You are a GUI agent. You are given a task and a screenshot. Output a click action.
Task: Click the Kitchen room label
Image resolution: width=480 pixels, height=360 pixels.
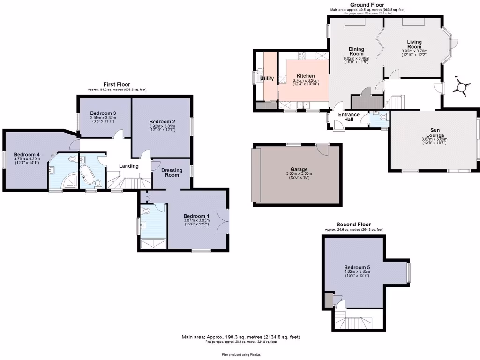tap(305, 76)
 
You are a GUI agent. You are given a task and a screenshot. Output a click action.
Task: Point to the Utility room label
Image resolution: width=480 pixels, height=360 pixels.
tap(267, 78)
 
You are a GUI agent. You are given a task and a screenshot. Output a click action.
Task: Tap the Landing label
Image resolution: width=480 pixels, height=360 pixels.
tap(128, 166)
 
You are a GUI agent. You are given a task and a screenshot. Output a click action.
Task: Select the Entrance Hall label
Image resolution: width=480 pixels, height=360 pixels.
tap(349, 117)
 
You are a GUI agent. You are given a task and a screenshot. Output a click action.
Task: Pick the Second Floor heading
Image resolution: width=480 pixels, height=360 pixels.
tap(354, 225)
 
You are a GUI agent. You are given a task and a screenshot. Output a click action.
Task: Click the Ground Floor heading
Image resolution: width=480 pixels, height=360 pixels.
tap(367, 5)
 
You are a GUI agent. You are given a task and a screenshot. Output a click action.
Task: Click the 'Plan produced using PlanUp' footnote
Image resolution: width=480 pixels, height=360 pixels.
tap(240, 355)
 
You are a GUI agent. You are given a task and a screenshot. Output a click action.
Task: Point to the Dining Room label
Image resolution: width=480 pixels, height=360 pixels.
tap(356, 52)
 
